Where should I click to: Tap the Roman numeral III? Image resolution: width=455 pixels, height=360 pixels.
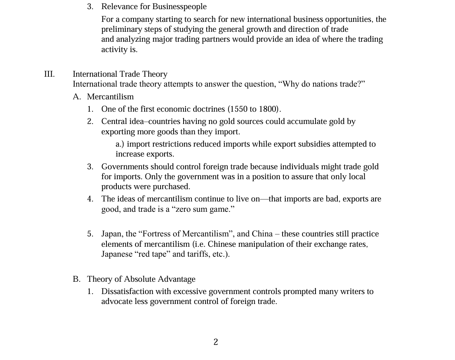click(x=49, y=74)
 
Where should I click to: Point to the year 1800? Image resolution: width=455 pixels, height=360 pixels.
click(x=269, y=109)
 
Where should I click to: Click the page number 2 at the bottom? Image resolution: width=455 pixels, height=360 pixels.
click(x=216, y=342)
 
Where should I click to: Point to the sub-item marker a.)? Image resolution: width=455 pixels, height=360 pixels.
click(x=120, y=144)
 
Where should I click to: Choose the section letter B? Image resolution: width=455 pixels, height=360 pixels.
click(x=76, y=279)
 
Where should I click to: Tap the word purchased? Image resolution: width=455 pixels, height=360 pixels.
click(x=170, y=186)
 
